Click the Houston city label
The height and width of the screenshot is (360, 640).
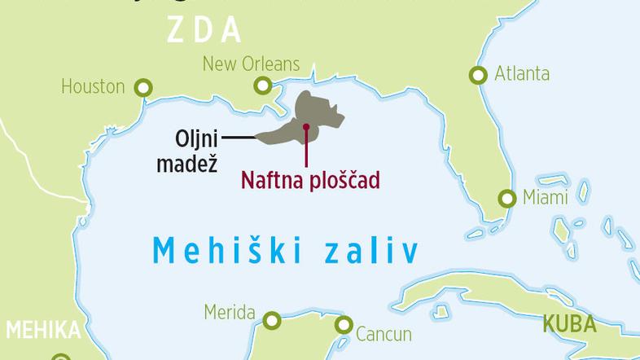pos(92,86)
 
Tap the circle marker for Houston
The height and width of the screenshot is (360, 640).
pos(144,86)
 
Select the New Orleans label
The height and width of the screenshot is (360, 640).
pos(251,64)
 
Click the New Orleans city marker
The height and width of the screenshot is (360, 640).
pos(262,84)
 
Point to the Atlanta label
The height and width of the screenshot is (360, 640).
pos(522,74)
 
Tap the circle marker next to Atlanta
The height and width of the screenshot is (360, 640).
pos(478,75)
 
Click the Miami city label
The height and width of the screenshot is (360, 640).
pos(546,198)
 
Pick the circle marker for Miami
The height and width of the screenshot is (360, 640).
pos(507,198)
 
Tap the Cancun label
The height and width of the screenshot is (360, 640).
pos(384,333)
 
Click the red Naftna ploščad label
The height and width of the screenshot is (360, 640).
pos(310,180)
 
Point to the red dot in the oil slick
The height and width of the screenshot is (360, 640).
pos(305,127)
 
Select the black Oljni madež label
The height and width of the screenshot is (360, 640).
pos(195,150)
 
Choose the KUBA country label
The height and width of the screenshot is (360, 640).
pos(570,325)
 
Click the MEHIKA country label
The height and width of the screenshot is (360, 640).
pos(43,331)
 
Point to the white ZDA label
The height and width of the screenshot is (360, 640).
pos(205,29)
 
